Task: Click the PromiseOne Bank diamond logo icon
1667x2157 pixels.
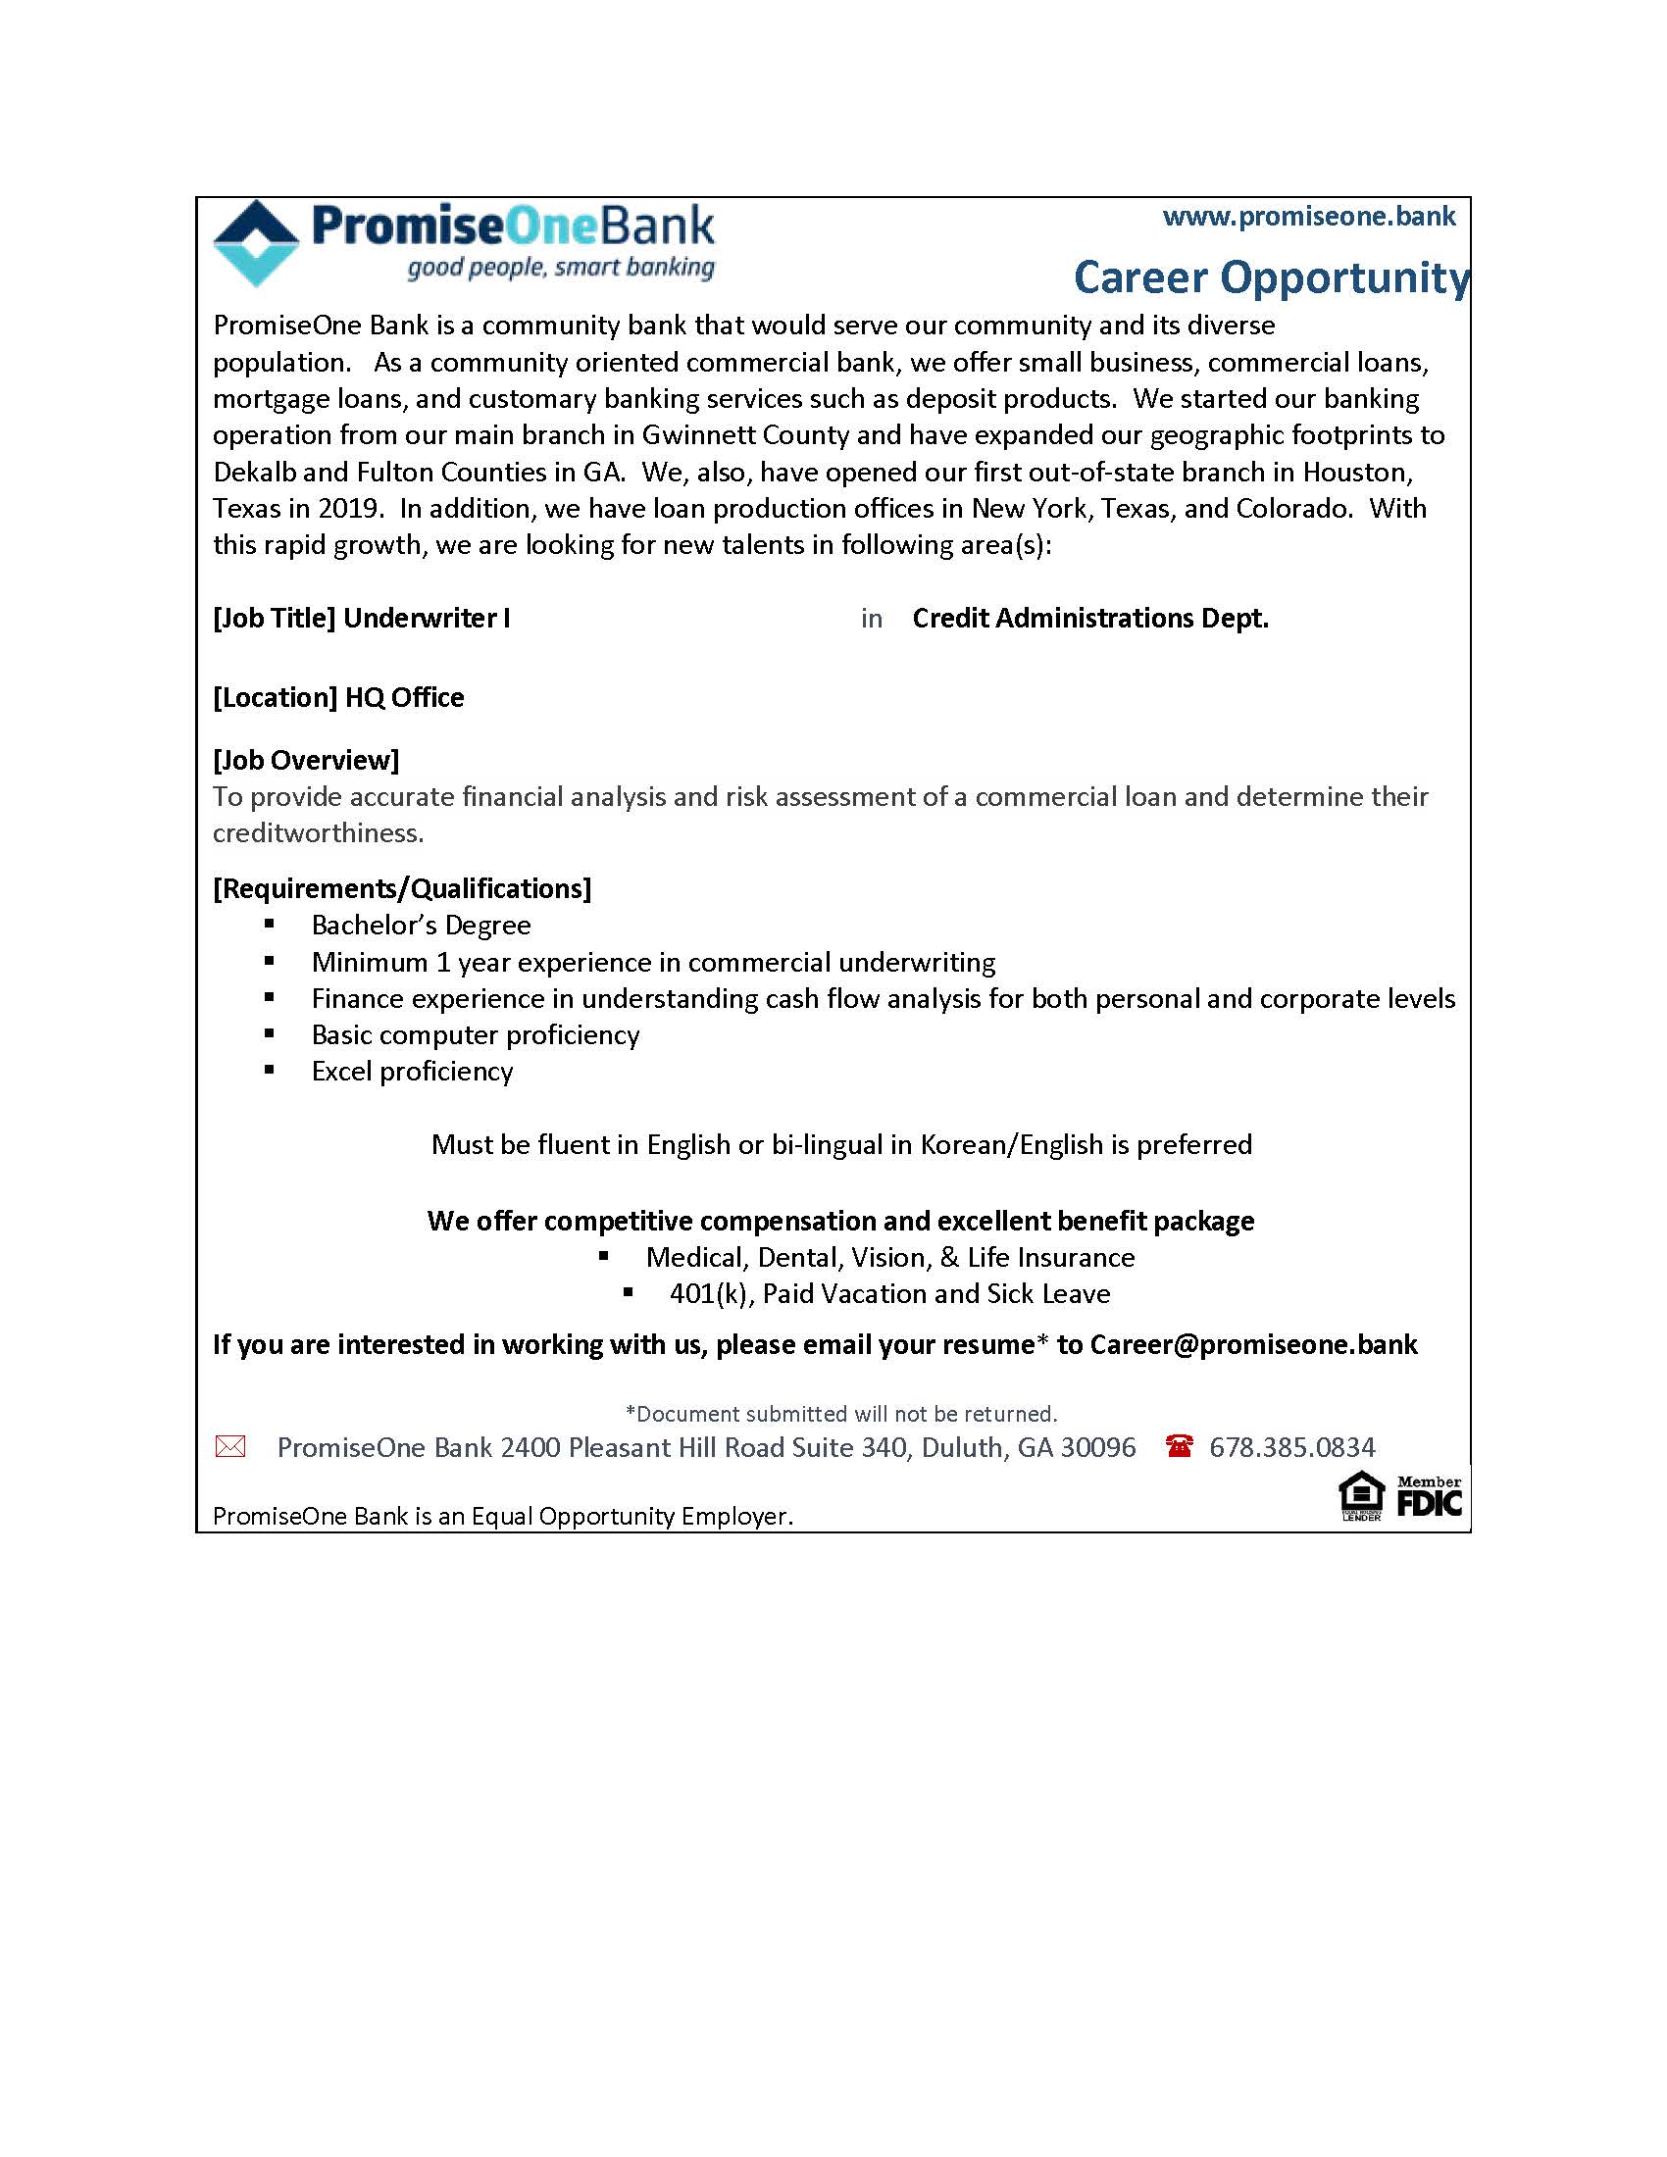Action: (x=256, y=243)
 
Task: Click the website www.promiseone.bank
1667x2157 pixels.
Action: (x=1308, y=217)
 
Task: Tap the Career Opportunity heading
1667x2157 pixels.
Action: (x=1270, y=277)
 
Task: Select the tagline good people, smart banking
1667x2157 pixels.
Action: (x=560, y=268)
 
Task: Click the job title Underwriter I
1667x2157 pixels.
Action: (x=426, y=619)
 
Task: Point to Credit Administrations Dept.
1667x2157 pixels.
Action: (x=1089, y=619)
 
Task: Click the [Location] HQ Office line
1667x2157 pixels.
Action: (x=337, y=697)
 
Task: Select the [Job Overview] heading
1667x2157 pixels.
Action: (x=305, y=760)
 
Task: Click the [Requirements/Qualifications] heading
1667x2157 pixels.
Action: (x=402, y=888)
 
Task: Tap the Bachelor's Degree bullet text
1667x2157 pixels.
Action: (x=421, y=926)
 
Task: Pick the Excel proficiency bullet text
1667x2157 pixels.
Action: (x=412, y=1072)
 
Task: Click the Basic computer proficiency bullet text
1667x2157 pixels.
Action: (x=475, y=1035)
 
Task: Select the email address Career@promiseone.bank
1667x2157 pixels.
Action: (x=1253, y=1344)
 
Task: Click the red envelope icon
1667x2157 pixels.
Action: (x=230, y=1447)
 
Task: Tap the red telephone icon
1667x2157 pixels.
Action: (x=1178, y=1446)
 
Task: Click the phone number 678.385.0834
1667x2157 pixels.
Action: (x=1291, y=1447)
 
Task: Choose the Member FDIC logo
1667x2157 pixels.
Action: (x=1428, y=1497)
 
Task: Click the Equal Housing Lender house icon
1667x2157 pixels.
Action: (x=1360, y=1495)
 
